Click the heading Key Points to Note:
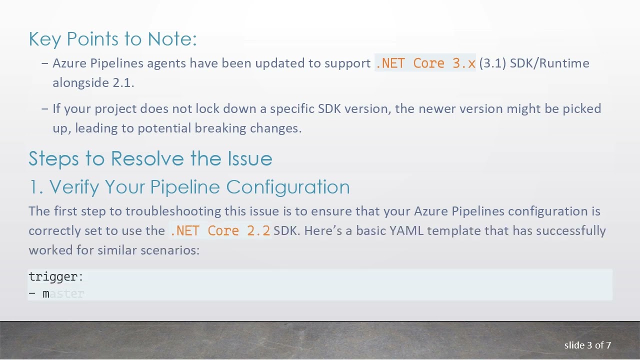click(x=112, y=39)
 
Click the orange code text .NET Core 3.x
click(x=425, y=63)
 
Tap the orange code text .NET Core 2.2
click(x=220, y=231)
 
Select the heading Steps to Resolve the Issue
click(x=150, y=158)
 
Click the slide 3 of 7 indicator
click(x=587, y=345)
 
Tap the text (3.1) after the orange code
click(x=492, y=63)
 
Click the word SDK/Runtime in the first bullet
click(x=549, y=63)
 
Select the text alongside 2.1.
click(x=93, y=83)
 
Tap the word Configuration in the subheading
click(x=288, y=187)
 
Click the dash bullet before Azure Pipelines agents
click(x=45, y=63)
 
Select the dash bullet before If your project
click(x=45, y=109)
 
